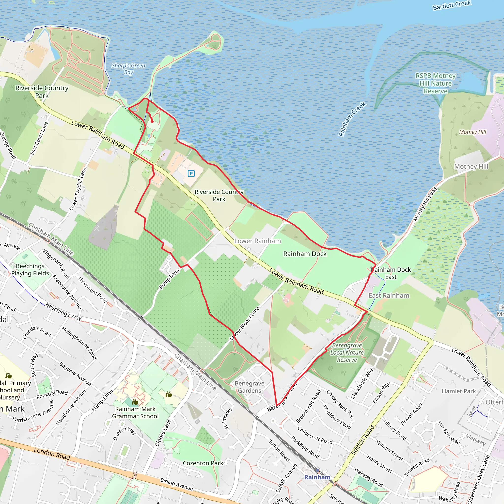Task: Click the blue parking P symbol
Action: coord(191,173)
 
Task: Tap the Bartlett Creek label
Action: coord(452,5)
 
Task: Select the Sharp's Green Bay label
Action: coord(128,69)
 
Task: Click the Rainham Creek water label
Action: coord(352,119)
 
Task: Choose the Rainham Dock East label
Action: coord(391,273)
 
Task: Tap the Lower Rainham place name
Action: coord(257,241)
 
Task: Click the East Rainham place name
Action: coord(389,295)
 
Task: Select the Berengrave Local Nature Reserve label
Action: coord(347,352)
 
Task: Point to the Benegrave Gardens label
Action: coord(249,387)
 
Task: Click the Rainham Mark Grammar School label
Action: coord(135,412)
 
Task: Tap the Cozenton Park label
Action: coord(203,463)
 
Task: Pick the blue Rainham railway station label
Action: coord(317,477)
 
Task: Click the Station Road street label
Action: coord(362,440)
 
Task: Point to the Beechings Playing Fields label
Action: coord(30,269)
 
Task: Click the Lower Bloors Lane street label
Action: coord(244,323)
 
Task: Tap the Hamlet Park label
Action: coord(459,391)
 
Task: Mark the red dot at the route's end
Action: coord(152,121)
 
